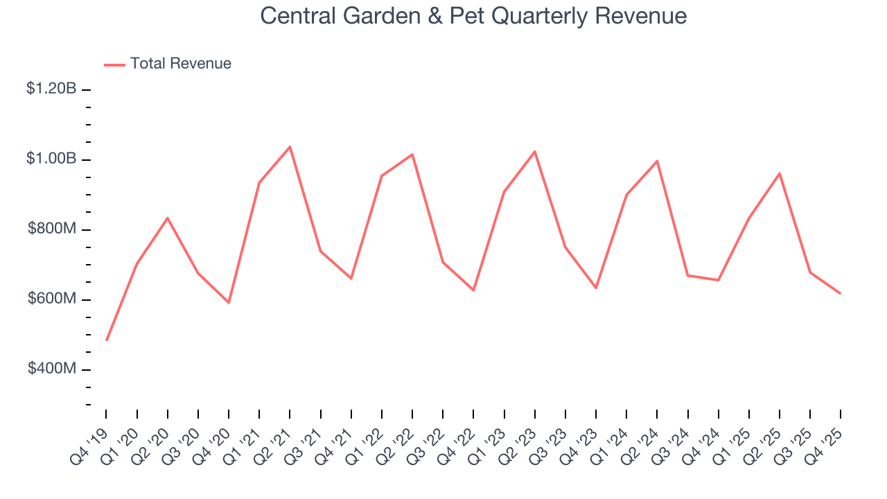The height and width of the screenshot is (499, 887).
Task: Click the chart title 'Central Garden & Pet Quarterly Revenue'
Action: (x=473, y=16)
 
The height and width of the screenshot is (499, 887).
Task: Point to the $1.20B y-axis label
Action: (x=51, y=89)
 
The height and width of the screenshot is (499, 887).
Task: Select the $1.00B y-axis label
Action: (x=51, y=159)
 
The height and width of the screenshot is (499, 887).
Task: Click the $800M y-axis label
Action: (x=52, y=229)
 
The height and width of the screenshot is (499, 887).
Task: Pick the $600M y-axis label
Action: (x=52, y=299)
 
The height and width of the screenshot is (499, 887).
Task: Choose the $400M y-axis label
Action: (x=52, y=369)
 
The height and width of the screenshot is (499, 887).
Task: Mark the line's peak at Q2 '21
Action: (x=290, y=147)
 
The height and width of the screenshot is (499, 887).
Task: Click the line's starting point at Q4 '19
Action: (x=106, y=340)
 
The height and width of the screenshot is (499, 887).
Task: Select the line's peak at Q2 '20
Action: (x=168, y=218)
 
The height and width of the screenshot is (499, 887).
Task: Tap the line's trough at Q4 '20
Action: (x=229, y=303)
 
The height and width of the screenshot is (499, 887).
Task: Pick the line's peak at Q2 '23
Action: (x=535, y=151)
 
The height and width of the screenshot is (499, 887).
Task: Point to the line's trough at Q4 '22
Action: (x=473, y=290)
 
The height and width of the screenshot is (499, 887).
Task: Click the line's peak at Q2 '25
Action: (x=780, y=173)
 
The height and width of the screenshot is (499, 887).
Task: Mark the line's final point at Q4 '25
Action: (x=841, y=293)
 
